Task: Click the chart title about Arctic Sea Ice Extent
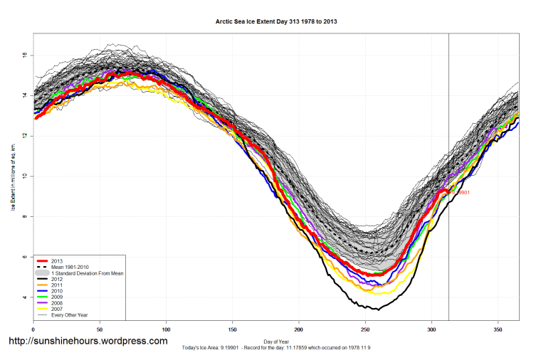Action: [x=276, y=22]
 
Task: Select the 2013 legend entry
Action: [x=68, y=261]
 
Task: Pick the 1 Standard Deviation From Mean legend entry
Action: [x=93, y=274]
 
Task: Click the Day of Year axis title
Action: [x=276, y=342]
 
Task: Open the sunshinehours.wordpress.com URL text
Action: [x=87, y=342]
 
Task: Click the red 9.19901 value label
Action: [x=460, y=192]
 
